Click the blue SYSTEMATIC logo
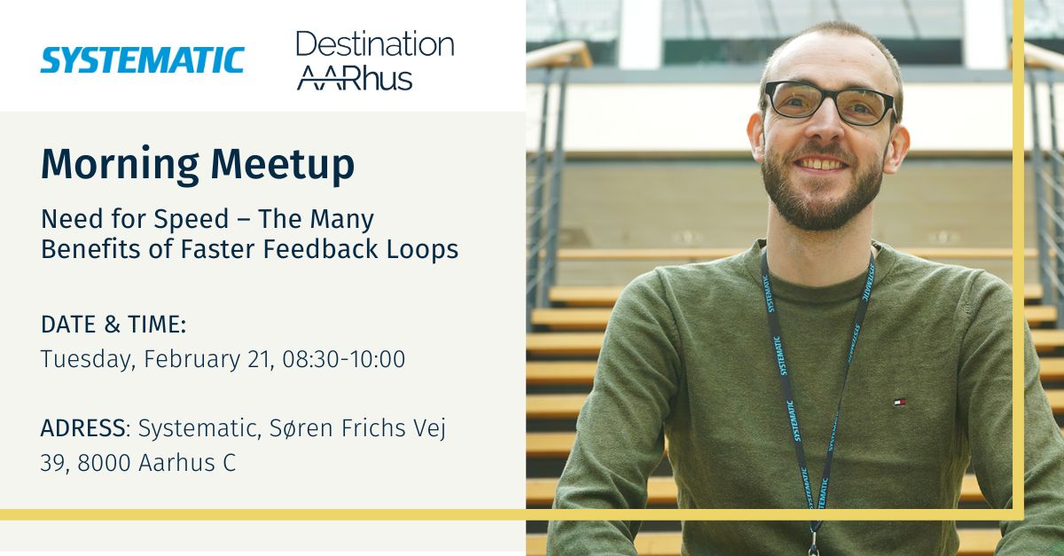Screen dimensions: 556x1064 (142, 59)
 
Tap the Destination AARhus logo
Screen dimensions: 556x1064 (374, 60)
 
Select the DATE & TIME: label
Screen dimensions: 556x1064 (113, 325)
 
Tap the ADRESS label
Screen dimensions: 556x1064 (82, 428)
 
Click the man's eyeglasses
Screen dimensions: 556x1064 (828, 103)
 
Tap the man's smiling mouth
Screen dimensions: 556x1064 (820, 164)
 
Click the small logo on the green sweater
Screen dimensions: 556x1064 (899, 402)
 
